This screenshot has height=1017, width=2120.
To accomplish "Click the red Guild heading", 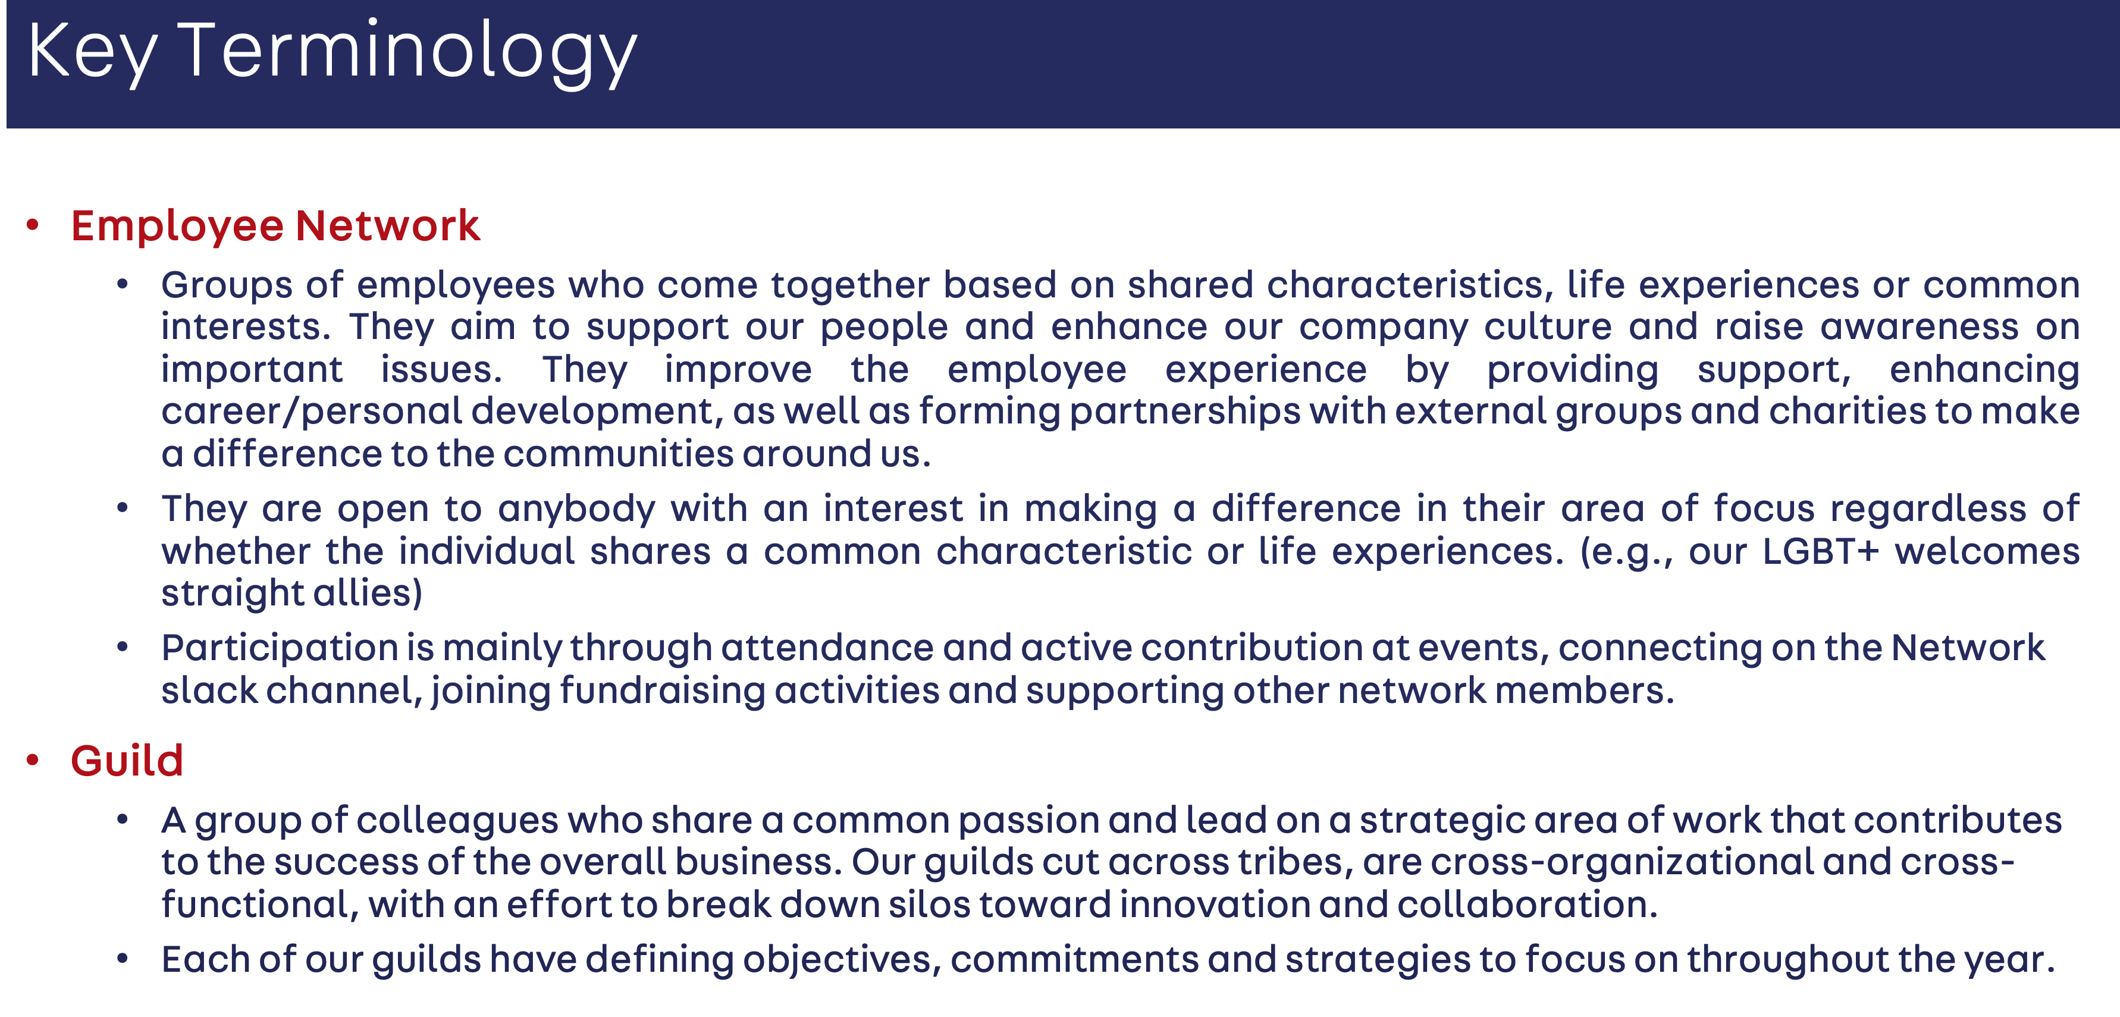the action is (127, 760).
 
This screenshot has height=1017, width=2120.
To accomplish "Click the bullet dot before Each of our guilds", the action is (123, 959).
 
